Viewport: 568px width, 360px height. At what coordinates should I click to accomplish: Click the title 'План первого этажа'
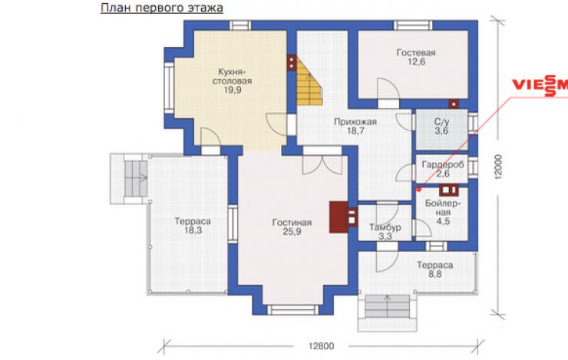coord(161,8)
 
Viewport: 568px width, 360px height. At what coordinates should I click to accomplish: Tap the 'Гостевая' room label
coord(416,52)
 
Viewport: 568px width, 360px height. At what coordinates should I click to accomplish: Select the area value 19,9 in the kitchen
coord(233,90)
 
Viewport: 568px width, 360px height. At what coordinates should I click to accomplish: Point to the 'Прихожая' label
coord(355,122)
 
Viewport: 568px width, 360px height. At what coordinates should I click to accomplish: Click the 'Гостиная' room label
coord(292,223)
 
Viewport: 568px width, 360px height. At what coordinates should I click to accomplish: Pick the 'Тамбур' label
coord(385,227)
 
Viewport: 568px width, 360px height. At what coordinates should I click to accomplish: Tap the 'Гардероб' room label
coord(443,165)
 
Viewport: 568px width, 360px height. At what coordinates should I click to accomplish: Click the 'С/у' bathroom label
coord(441,122)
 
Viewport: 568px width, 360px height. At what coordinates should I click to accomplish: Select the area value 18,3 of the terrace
coord(193,230)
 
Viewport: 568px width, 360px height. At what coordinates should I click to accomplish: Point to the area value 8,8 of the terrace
coord(434,274)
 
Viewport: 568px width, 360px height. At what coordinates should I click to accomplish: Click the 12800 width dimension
coord(321,346)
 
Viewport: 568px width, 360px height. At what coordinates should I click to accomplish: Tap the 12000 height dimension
coord(498,167)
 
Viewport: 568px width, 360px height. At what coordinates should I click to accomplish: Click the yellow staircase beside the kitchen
coord(309,82)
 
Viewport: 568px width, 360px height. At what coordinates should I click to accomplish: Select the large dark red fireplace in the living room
coord(338,217)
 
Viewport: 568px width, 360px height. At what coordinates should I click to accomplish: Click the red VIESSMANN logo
coord(540,85)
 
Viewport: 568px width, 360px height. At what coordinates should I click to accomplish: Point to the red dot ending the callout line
coord(418,189)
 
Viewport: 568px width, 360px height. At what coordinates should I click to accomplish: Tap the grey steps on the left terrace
coord(136,179)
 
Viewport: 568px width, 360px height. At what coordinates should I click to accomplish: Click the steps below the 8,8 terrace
coord(388,306)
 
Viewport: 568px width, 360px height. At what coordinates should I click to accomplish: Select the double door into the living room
coord(322,160)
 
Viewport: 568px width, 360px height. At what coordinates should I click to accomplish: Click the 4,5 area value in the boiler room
coord(443,221)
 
